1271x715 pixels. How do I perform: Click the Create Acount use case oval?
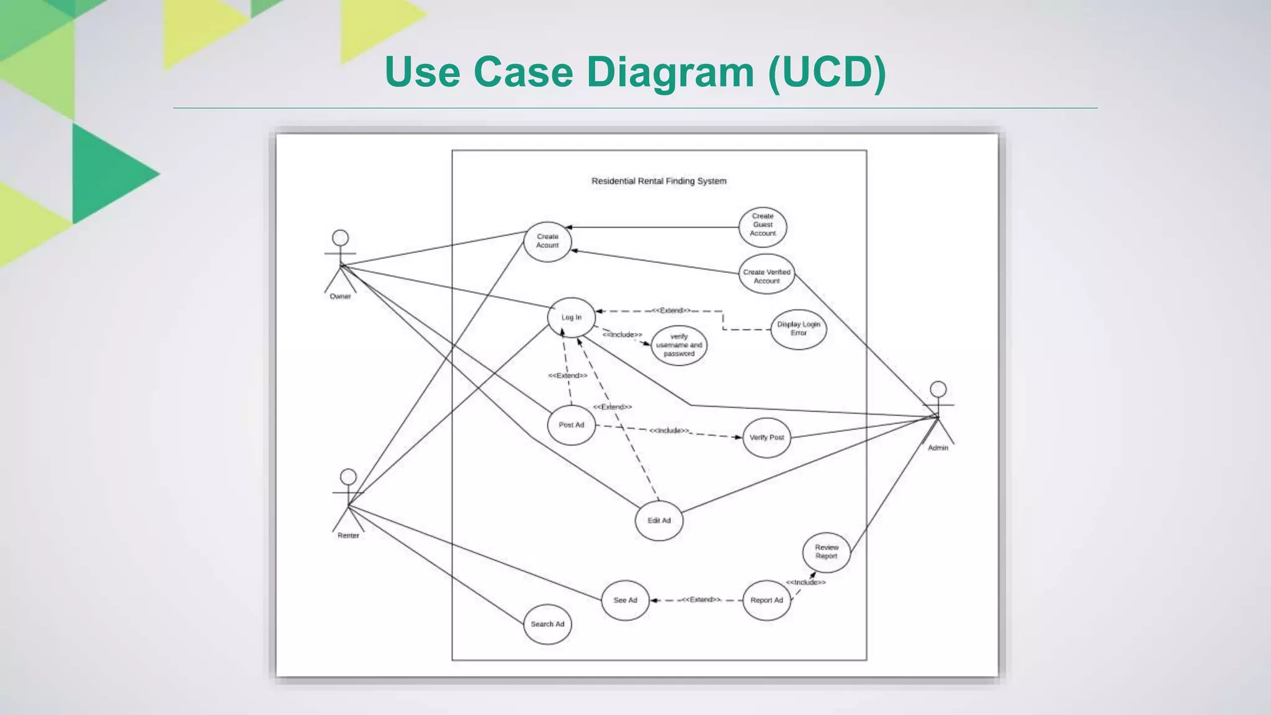[547, 241]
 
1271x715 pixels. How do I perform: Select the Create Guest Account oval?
[763, 226]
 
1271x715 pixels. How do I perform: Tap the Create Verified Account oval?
[766, 274]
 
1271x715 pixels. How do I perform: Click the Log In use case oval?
[571, 317]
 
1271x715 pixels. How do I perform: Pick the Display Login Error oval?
[798, 329]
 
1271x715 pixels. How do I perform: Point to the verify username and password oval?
[679, 345]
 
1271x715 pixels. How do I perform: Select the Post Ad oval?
[571, 425]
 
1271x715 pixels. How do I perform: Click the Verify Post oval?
[766, 438]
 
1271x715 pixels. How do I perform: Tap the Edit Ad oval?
[659, 521]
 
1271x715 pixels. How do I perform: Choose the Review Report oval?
[826, 552]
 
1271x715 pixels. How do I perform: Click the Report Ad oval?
[766, 600]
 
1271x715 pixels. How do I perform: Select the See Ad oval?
[625, 600]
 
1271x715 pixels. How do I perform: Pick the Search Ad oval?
[547, 624]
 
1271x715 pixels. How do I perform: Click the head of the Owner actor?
[340, 238]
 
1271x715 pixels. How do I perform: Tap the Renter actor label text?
[348, 536]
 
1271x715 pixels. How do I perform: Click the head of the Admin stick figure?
[938, 389]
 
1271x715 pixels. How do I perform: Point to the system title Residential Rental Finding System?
[658, 181]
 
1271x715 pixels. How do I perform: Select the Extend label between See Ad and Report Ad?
[701, 600]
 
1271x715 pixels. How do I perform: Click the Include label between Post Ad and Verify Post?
[669, 430]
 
